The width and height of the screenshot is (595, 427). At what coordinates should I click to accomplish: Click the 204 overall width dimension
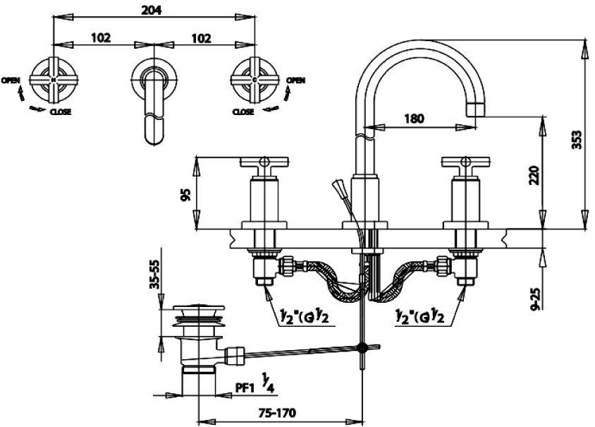pos(153,10)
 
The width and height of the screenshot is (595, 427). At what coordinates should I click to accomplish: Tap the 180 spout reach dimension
pos(414,119)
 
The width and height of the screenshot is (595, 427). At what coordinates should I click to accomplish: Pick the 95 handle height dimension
pos(185,194)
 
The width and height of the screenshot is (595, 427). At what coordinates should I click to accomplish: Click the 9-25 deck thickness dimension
pos(534,296)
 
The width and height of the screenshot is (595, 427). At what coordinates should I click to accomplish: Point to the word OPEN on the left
pos(11,80)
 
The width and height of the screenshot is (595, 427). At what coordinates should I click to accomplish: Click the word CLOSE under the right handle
pos(243,112)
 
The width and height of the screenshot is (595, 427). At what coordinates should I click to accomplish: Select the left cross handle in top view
pos(55,80)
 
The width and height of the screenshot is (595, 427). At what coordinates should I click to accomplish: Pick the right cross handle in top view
pos(254,80)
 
